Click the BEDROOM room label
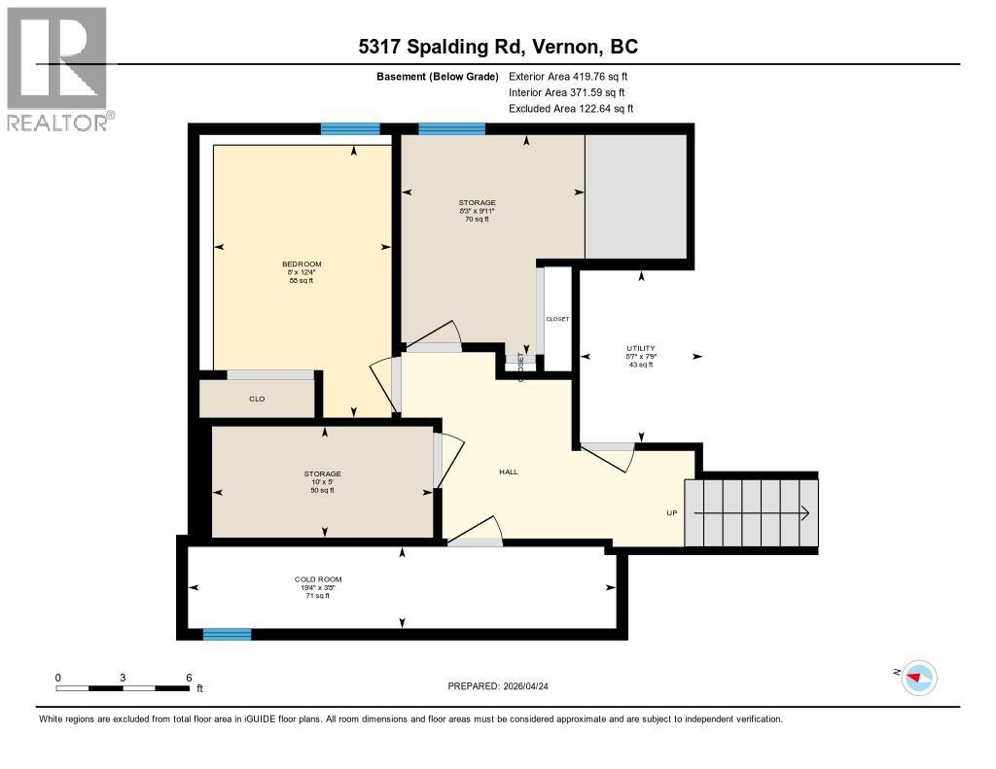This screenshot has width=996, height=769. tap(302, 263)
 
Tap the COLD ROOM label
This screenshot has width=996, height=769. tap(319, 579)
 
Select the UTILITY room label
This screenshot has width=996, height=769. tap(640, 348)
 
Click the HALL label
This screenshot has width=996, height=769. tap(508, 472)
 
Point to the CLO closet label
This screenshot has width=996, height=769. tap(257, 399)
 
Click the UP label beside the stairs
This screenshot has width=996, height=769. tap(671, 513)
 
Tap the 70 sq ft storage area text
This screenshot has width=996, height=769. tap(477, 220)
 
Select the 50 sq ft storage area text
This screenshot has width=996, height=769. tap(322, 490)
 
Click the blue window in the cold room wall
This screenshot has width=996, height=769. tap(227, 634)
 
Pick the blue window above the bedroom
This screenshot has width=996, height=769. tap(350, 128)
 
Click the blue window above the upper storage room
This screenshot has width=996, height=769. tap(451, 128)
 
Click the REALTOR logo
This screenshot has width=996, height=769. tap(57, 68)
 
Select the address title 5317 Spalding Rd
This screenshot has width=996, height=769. tap(497, 47)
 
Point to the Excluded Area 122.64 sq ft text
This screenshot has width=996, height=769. tap(571, 109)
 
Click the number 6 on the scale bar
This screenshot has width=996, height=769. tap(189, 677)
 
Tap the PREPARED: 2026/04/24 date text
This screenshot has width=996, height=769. tap(504, 685)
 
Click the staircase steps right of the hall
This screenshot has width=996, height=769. tap(750, 513)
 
